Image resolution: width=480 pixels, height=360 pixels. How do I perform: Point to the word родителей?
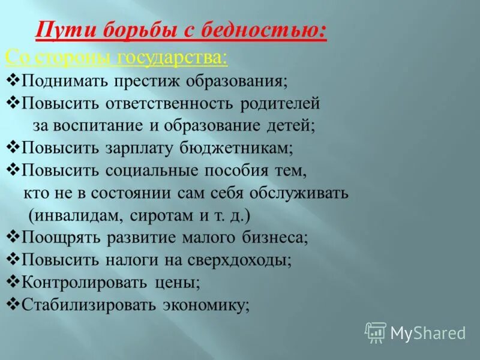tap(280, 103)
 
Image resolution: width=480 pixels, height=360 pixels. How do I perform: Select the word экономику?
tap(204, 304)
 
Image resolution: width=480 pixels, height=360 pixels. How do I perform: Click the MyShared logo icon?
tap(376, 332)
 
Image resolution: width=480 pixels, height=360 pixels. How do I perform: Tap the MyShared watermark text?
tap(428, 333)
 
